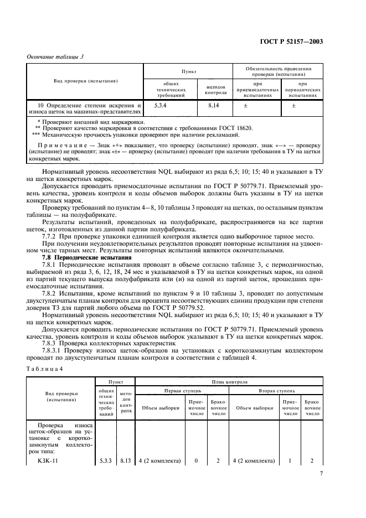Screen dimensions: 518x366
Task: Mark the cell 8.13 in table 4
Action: [126, 460]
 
